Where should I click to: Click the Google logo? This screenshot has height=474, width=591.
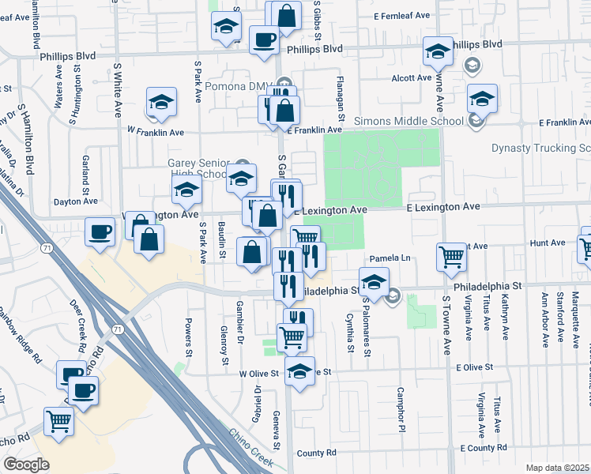click(26, 465)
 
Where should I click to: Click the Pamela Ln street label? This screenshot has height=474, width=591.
click(391, 258)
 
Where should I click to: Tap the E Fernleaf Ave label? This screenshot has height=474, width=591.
click(401, 15)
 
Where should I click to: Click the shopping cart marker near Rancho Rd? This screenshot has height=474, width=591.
click(58, 423)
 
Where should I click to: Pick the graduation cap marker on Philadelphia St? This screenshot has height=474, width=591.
click(374, 280)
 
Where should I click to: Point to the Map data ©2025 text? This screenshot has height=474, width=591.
click(558, 468)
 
